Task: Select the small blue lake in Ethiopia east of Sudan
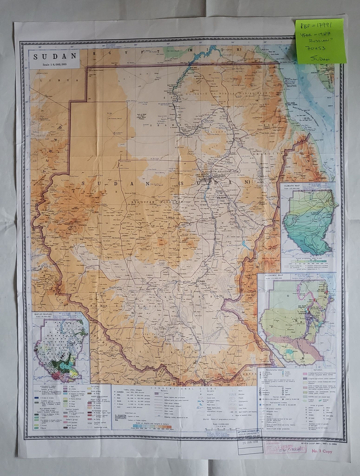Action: [x=244, y=245]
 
